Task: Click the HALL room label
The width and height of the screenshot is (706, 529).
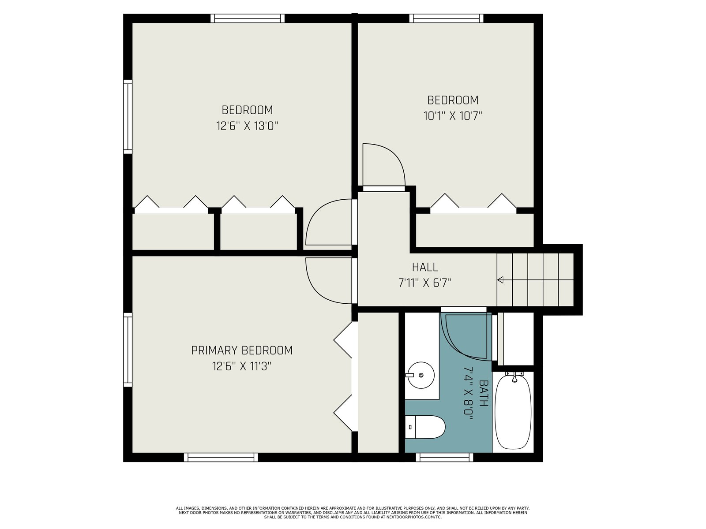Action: coord(425,267)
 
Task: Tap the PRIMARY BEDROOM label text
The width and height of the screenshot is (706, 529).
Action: coord(242,350)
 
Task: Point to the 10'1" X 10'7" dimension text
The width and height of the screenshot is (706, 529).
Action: coord(453,115)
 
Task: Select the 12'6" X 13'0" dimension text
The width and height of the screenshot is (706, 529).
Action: coord(247,126)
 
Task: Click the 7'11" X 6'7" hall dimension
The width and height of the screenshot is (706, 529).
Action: coord(424,283)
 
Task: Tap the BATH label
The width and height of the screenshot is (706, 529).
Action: coord(484,393)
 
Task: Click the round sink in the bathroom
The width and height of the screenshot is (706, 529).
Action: coord(421,375)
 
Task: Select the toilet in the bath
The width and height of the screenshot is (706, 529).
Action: coord(425,427)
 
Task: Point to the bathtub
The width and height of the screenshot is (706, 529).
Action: coord(513,413)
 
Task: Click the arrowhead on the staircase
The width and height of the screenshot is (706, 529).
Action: coord(500,280)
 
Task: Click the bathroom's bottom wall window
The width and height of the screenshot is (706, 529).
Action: coord(444,457)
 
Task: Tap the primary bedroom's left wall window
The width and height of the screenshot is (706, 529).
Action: coord(128,350)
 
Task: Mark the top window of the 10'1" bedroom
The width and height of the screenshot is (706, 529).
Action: coord(447,19)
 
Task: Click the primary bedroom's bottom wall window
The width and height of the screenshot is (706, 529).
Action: coord(221,457)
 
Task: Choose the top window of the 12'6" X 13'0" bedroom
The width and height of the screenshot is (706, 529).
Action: coord(248,19)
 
